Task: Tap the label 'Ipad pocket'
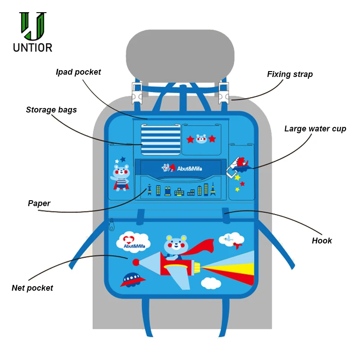point(78,72)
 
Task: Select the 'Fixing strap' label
point(290,74)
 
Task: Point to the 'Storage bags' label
point(51,110)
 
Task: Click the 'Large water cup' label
point(315,129)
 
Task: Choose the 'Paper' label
point(39,203)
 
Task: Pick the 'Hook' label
point(322,241)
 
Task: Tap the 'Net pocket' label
point(32,288)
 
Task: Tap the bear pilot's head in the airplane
point(175,246)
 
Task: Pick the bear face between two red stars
point(201,139)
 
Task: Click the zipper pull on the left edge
point(112,225)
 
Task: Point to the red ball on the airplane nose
point(136,262)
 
